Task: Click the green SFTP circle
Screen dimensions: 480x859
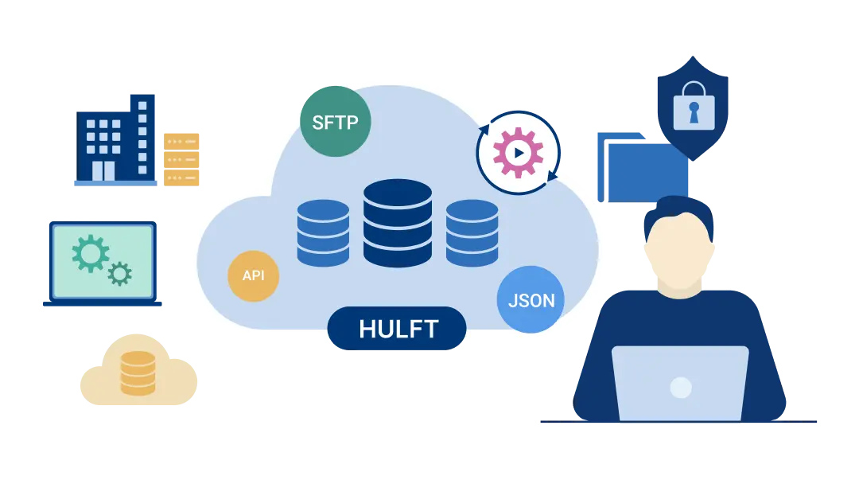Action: point(335,121)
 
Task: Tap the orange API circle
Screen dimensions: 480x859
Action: point(253,275)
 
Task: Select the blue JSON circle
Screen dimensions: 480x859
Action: point(531,301)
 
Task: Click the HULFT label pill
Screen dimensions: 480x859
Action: point(397,328)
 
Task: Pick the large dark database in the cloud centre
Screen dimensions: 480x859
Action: point(397,223)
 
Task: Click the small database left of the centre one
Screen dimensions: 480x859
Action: point(323,232)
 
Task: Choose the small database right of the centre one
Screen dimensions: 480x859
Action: point(472,232)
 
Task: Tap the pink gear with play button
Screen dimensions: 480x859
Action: point(518,151)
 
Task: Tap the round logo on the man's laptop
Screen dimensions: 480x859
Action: point(680,388)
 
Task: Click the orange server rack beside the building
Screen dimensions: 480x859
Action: point(182,158)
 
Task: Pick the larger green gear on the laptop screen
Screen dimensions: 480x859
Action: point(90,254)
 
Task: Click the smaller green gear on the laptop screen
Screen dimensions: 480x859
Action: point(119,274)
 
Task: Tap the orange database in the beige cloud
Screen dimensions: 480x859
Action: point(138,373)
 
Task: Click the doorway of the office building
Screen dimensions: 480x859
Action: point(103,170)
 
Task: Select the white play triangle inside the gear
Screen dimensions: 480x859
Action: point(519,152)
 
